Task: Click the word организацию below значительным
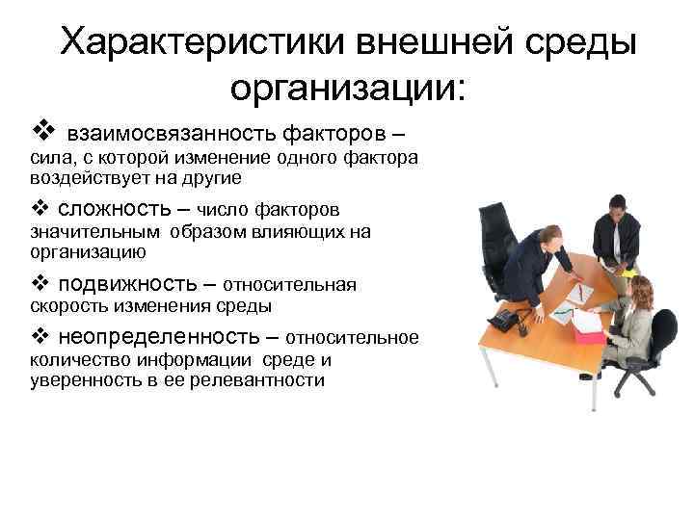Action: tap(88, 253)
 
